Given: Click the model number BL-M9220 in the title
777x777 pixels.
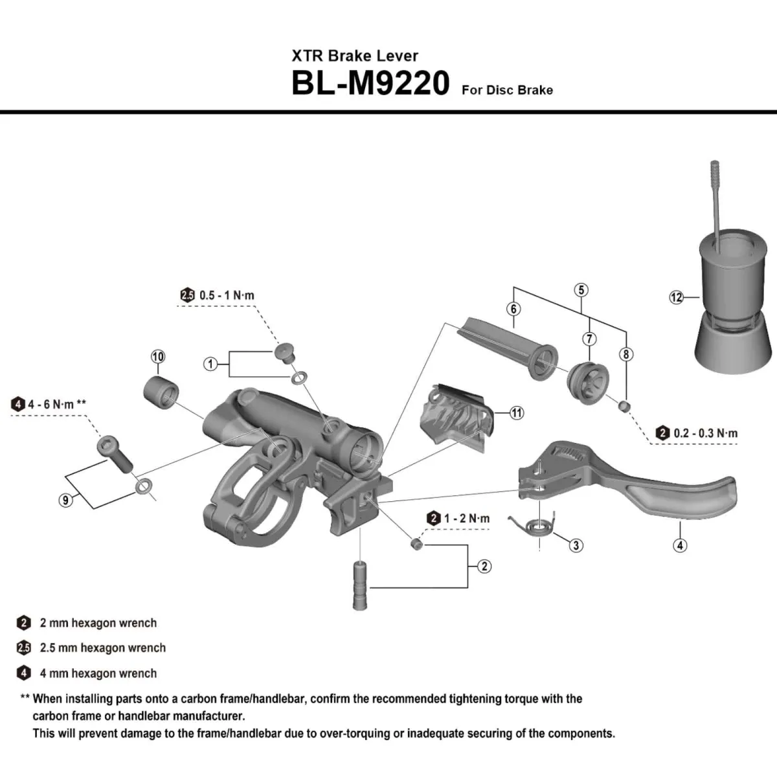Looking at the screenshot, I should tap(370, 83).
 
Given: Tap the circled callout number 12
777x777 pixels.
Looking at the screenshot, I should tap(676, 297).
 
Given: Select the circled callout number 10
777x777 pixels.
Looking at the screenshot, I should tap(158, 357).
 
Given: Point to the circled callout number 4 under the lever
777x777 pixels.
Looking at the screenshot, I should tap(680, 545).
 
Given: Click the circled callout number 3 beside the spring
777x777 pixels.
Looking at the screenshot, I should tap(576, 545).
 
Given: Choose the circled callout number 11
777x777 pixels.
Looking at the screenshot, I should tap(517, 412).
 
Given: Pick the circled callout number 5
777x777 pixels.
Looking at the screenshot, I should tap(581, 289).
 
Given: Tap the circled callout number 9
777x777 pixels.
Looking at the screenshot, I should tap(65, 499).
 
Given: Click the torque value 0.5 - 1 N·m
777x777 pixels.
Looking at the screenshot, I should tap(227, 295).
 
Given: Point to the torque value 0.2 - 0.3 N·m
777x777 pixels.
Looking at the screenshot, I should tap(705, 433).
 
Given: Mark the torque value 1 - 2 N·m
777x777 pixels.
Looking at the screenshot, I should tap(466, 519).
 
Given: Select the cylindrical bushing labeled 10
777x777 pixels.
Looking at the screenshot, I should tap(160, 390).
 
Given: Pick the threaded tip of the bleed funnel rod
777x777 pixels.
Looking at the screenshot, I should tap(715, 175).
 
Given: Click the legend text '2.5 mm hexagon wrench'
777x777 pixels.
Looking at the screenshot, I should tap(102, 648).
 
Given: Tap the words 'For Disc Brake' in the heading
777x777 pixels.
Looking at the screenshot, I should tap(507, 90).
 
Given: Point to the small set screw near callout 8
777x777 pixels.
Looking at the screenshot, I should tap(625, 406).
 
